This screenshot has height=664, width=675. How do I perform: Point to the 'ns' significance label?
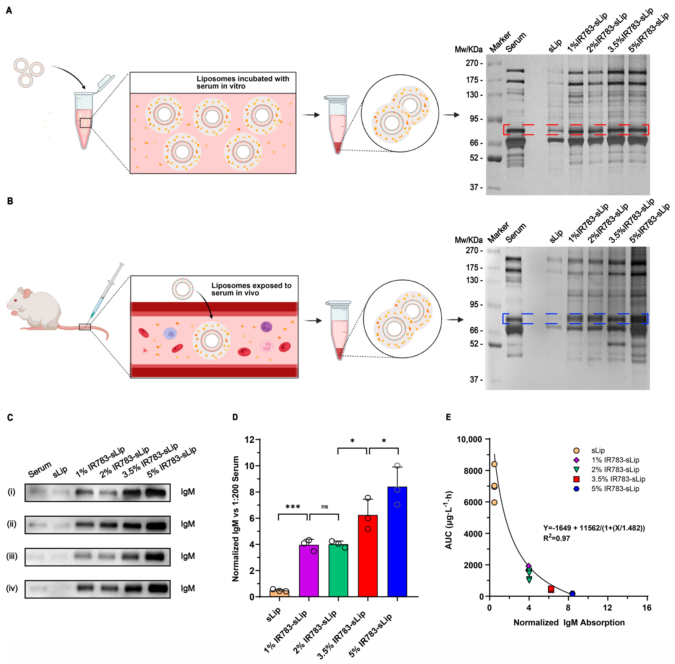click(x=324, y=507)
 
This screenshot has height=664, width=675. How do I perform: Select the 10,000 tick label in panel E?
click(x=469, y=439)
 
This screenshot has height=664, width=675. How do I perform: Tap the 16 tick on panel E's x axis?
click(x=647, y=608)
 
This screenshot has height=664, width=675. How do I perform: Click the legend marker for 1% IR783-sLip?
click(x=576, y=460)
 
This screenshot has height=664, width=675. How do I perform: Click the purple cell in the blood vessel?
click(x=266, y=327)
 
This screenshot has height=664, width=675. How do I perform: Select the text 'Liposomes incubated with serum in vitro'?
click(x=243, y=82)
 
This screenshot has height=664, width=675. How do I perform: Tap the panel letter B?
click(x=10, y=201)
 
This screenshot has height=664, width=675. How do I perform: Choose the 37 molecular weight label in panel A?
click(x=474, y=187)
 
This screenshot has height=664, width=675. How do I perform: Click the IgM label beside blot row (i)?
click(x=188, y=492)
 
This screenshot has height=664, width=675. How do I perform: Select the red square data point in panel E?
click(x=551, y=589)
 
